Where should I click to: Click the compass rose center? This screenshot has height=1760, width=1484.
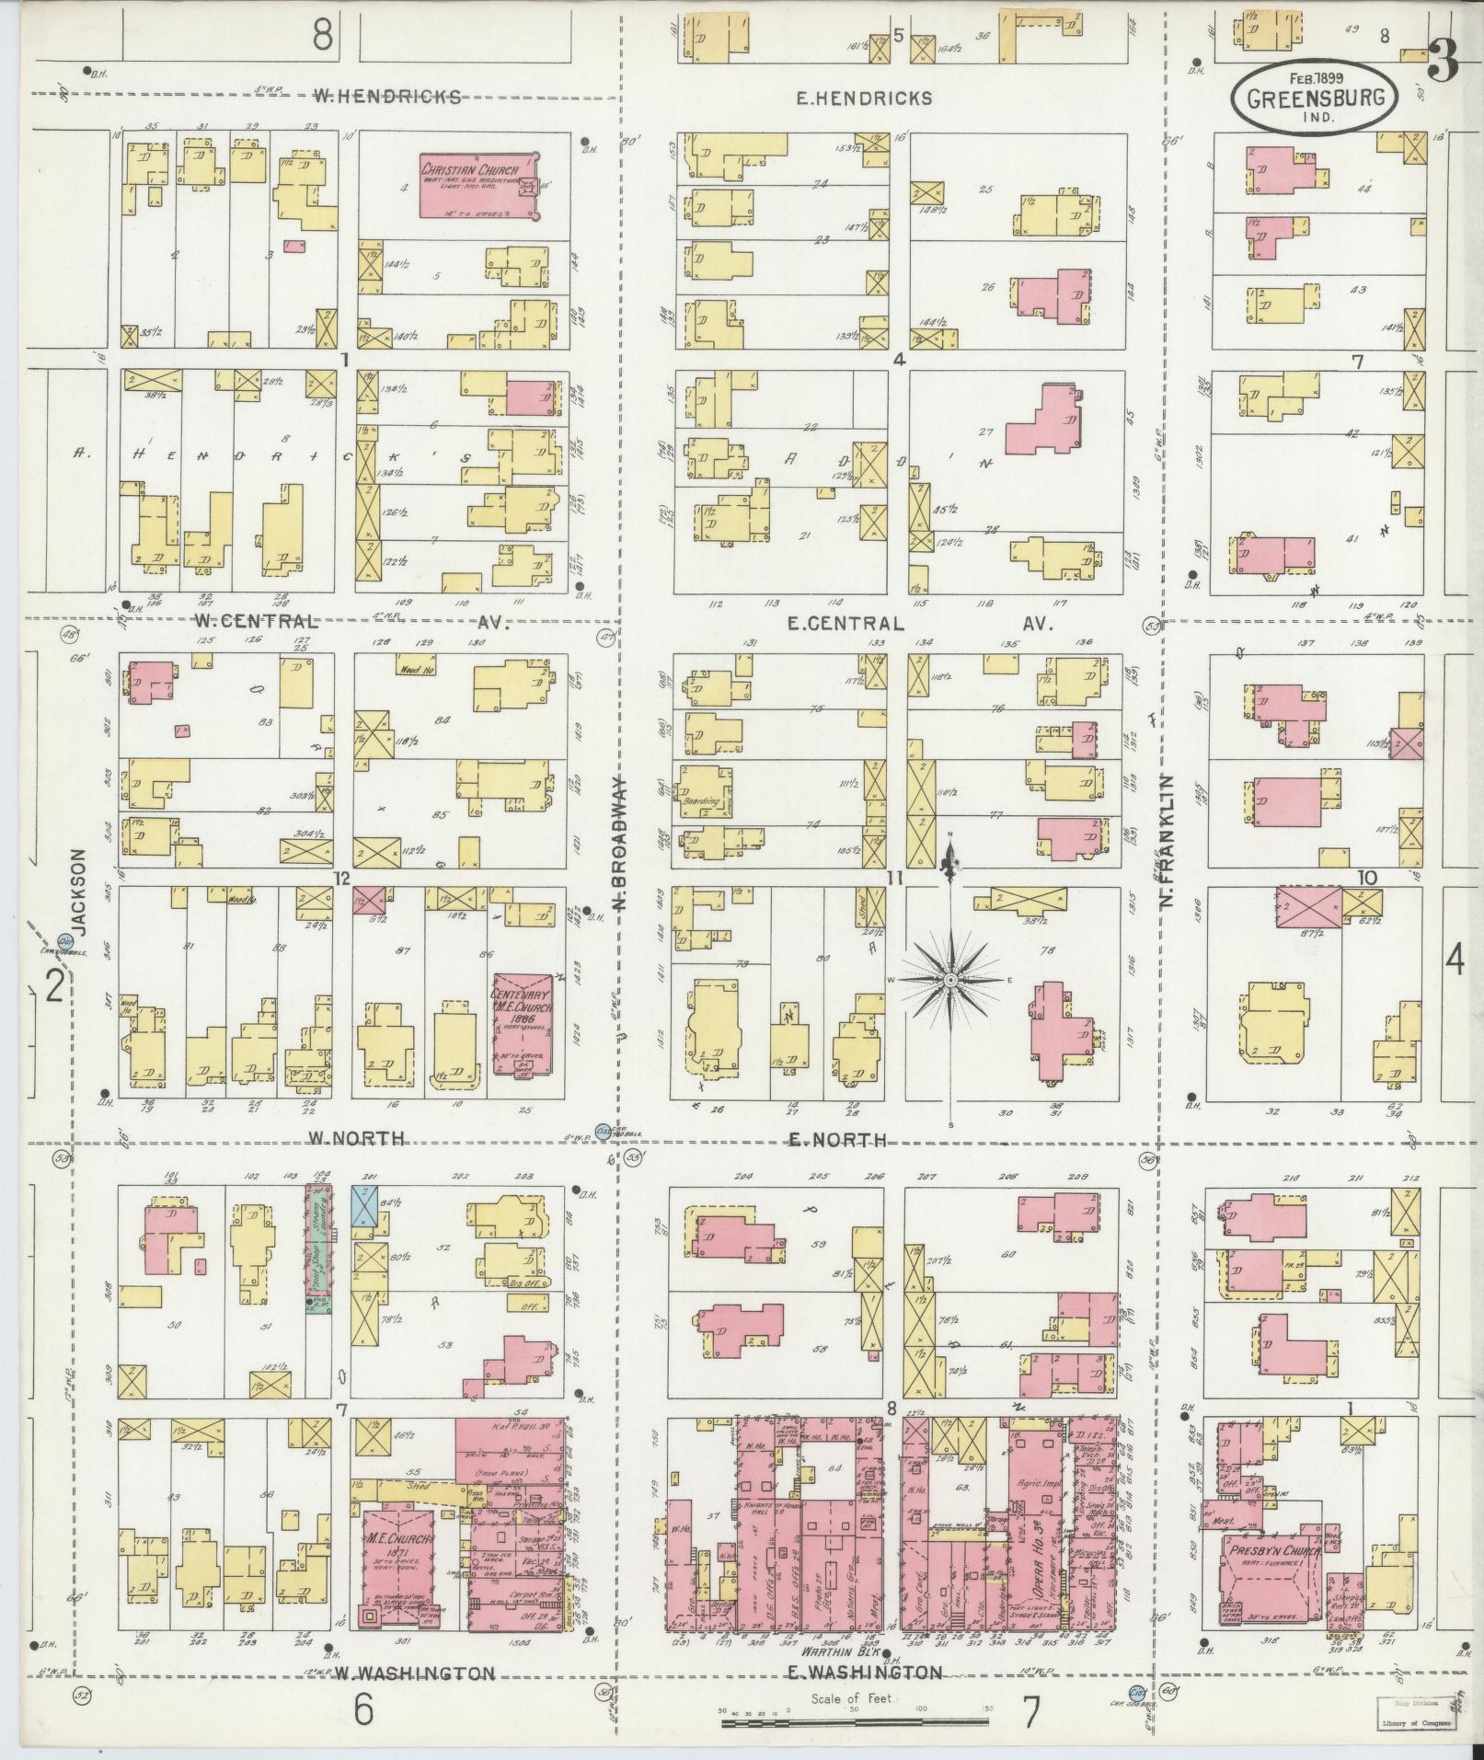click(x=950, y=981)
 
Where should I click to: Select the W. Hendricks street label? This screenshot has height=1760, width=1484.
click(x=386, y=96)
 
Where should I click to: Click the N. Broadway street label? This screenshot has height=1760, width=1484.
click(x=622, y=841)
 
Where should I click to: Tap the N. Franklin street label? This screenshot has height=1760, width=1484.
click(x=1167, y=841)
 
